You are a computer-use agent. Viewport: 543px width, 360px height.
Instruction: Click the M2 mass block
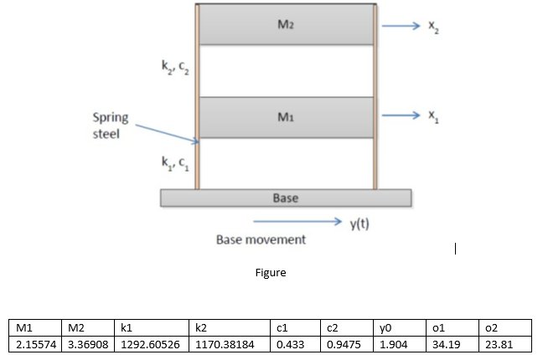(x=286, y=25)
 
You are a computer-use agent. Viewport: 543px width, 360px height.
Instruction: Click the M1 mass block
(x=286, y=118)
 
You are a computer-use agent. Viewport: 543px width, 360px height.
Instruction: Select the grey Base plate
(x=286, y=198)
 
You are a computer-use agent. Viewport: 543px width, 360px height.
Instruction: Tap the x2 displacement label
(x=432, y=26)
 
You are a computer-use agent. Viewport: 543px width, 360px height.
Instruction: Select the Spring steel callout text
(x=110, y=126)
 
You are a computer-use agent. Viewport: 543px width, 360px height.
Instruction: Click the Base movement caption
(x=261, y=239)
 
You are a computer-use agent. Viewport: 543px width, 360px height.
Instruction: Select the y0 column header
(x=386, y=329)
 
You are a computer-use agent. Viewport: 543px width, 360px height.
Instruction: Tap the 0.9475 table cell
(x=339, y=345)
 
